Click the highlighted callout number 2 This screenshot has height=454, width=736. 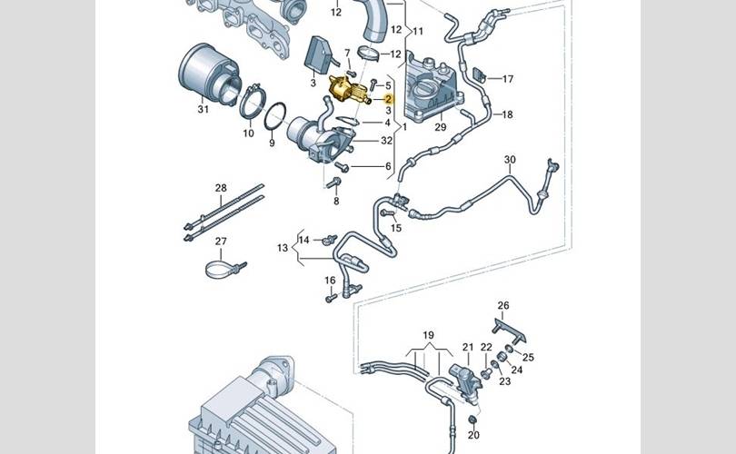coord(388,99)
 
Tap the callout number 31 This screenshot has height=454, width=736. coord(203,109)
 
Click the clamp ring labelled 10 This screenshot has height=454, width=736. coord(253,102)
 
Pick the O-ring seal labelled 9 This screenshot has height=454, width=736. coord(275,116)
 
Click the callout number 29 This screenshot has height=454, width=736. coord(441,126)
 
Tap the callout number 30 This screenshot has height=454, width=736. coord(510,160)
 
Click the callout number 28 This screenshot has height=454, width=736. coord(221,188)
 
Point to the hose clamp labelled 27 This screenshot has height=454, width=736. coord(225,270)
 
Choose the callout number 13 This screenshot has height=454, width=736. coord(282,248)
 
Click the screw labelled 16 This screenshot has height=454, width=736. coord(331,297)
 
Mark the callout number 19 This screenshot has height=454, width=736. coord(428,335)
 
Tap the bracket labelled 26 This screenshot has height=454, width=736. coord(508,331)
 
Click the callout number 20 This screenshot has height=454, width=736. coord(473,435)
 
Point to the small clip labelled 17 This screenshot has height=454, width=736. coord(478,74)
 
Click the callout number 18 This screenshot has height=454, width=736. coord(507,114)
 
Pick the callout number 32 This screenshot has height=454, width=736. coord(386,141)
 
